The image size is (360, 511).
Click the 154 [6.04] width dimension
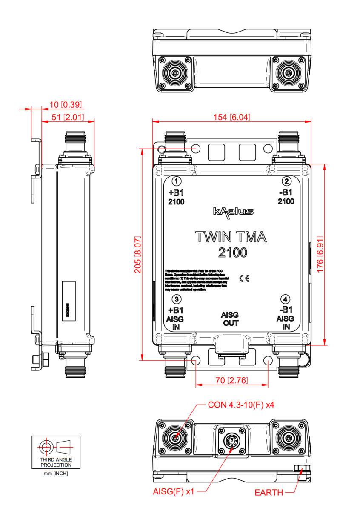coord(231,117)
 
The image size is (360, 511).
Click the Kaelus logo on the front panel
coord(233,212)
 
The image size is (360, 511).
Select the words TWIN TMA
coord(231,237)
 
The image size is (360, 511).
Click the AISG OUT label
coord(230,319)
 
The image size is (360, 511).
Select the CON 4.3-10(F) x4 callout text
coord(241,405)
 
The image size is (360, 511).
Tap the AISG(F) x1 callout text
coord(173,491)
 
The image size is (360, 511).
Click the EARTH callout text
coord(269,493)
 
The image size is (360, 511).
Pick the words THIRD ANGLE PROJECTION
coord(56,462)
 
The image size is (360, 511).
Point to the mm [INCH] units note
coord(56,473)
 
